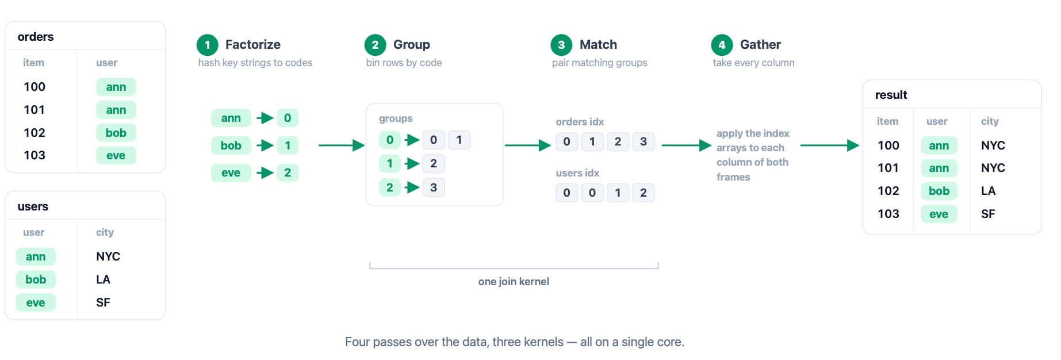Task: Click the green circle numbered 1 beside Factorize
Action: (207, 45)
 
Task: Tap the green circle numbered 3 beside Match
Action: (561, 45)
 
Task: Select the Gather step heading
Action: (760, 45)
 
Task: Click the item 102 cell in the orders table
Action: (35, 133)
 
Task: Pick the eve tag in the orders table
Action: (116, 155)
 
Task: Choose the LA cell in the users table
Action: (103, 279)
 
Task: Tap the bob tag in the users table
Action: (36, 279)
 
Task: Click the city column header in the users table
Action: (105, 232)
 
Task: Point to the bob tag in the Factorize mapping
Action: (231, 145)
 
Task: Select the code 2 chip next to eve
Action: (288, 173)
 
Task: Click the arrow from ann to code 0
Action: (265, 118)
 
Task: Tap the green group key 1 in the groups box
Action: (390, 163)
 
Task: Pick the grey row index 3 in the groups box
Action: (434, 187)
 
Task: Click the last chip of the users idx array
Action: (644, 193)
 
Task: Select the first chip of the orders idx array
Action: (567, 141)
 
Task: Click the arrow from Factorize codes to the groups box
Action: (342, 145)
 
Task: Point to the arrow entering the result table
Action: (830, 145)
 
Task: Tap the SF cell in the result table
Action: (988, 214)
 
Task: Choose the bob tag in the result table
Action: (939, 191)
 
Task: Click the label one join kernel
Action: (514, 281)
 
